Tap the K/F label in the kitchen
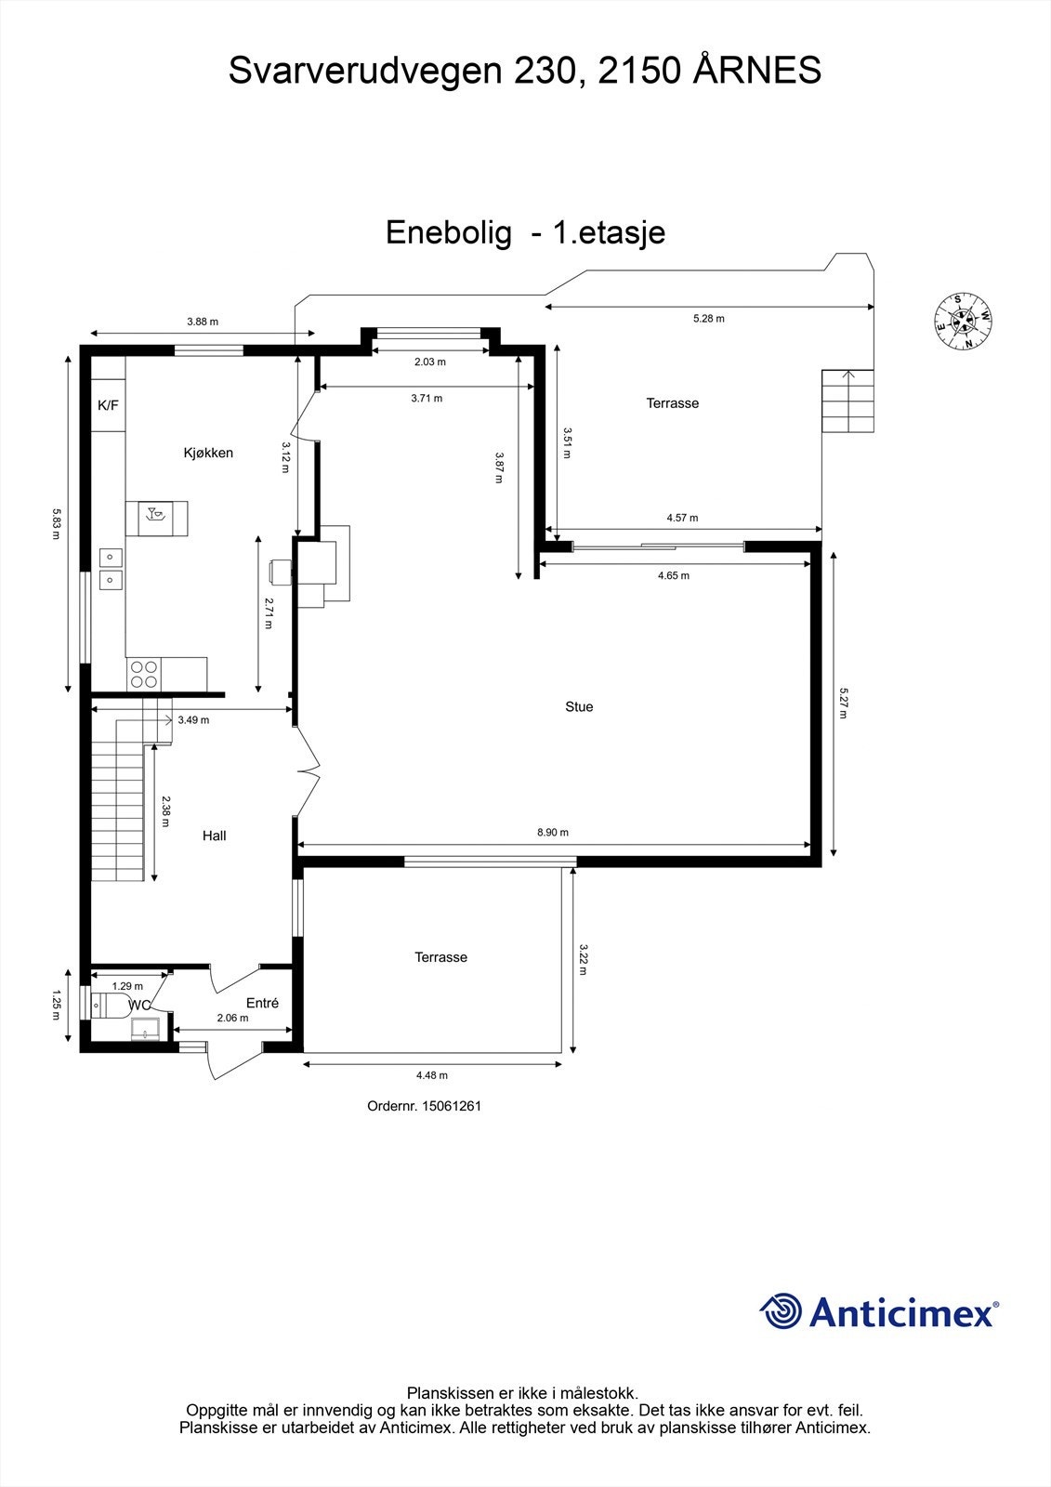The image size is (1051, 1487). tap(109, 405)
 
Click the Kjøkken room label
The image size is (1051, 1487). tap(208, 453)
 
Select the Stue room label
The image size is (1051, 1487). tap(579, 706)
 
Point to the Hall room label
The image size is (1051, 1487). tap(215, 836)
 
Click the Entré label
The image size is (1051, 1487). tap(262, 1003)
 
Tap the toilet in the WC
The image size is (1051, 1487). tap(111, 1006)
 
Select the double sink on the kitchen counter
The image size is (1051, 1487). tap(112, 568)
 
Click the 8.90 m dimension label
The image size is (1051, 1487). tap(553, 833)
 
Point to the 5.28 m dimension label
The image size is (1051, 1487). tap(709, 318)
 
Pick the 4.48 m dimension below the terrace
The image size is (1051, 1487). tap(432, 1075)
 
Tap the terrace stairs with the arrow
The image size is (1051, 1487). tap(847, 401)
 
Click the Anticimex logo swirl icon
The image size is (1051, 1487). tap(781, 1311)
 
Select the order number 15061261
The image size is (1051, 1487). tap(424, 1106)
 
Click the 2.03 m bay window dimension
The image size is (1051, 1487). tap(429, 362)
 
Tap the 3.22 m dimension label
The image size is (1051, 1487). tap(584, 959)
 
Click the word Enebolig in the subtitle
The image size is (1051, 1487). tap(448, 232)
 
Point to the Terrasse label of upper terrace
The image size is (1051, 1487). tap(673, 403)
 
